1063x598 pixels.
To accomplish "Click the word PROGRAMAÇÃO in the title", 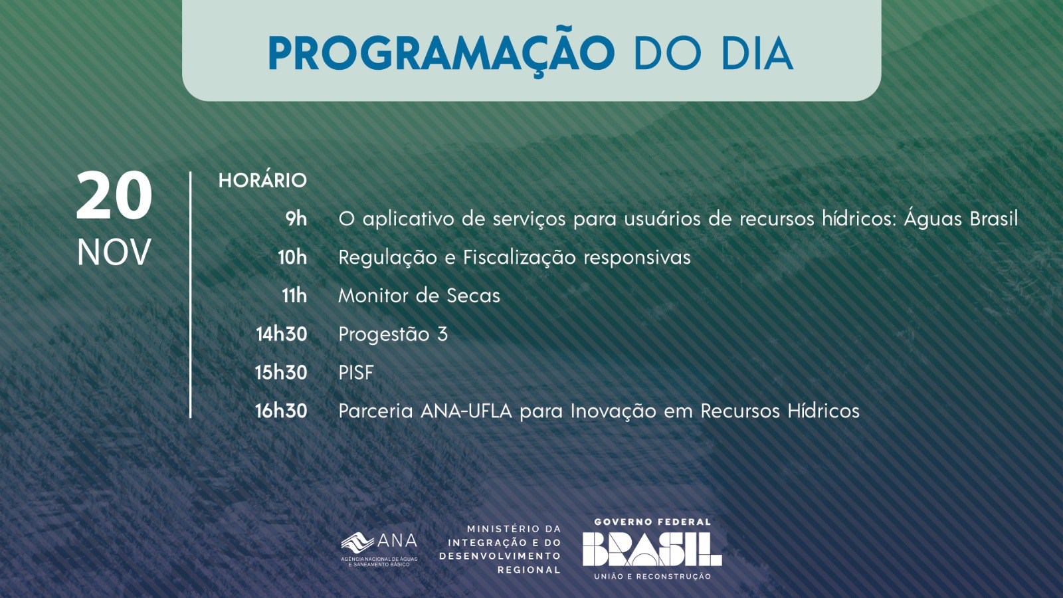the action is [441, 54].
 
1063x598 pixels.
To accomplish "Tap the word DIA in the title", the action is [757, 52].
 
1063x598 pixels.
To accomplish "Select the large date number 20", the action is [114, 195].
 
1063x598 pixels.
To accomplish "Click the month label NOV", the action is [114, 252].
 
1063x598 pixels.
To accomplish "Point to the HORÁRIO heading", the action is [262, 180].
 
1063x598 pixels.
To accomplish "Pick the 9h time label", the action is [296, 219].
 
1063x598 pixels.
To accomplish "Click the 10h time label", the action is [292, 257].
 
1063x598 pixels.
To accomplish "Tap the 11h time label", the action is [294, 296].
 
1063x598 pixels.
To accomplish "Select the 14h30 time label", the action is [282, 334].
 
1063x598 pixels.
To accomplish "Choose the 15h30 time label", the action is [281, 373].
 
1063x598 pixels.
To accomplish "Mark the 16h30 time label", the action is [281, 411].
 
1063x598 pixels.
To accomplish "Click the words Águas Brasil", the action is [961, 219].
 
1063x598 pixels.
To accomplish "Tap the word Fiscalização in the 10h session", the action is [519, 258].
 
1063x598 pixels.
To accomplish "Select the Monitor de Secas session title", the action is [419, 296].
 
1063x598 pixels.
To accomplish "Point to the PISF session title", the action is [356, 373].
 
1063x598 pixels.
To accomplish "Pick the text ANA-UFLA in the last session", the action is [466, 411].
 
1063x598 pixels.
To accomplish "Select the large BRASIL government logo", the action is [652, 549].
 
